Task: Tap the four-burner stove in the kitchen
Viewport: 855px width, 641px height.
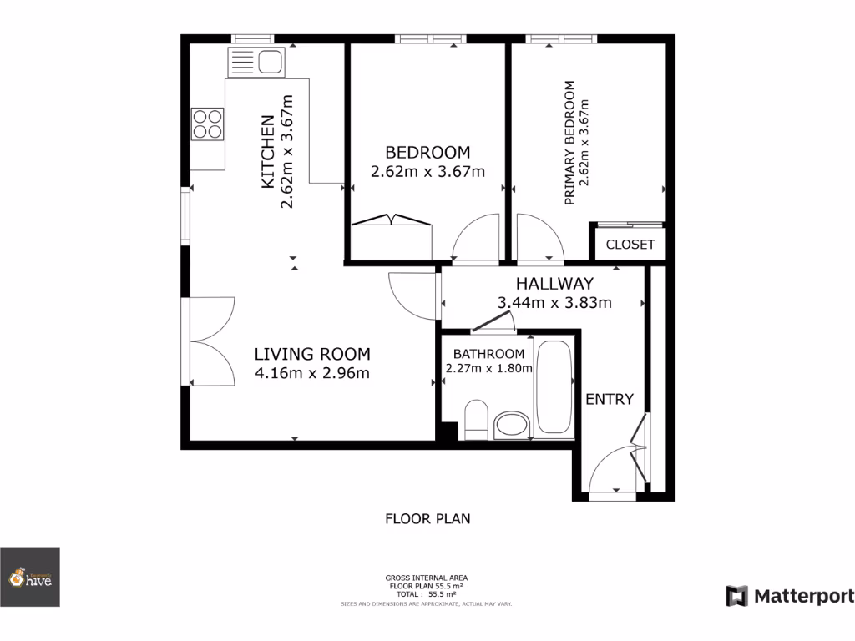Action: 208,124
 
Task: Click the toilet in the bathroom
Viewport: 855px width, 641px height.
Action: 476,419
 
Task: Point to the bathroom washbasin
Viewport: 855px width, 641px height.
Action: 511,426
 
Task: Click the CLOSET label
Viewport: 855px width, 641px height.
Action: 630,245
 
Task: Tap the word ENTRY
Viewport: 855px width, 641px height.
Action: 610,399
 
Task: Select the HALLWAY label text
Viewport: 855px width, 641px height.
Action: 554,284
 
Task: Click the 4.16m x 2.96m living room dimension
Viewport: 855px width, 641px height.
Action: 312,373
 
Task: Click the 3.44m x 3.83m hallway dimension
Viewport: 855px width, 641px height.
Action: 554,303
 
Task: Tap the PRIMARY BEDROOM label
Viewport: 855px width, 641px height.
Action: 570,142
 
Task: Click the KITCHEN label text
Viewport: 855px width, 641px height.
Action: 269,150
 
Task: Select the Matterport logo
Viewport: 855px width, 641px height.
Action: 790,596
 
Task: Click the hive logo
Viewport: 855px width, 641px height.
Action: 30,577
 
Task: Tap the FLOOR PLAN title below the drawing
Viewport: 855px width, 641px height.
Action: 427,518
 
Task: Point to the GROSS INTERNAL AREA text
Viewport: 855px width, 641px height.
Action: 426,578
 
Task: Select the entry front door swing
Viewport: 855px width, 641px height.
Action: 616,472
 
